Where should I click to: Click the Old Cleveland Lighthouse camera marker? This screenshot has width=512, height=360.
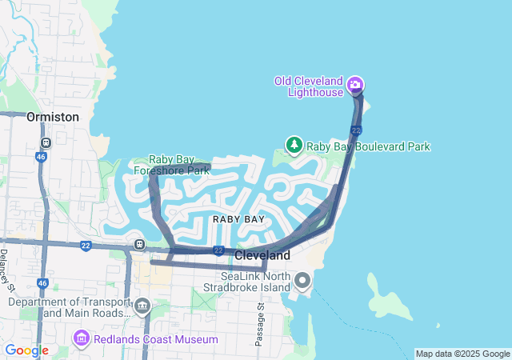pos(355,85)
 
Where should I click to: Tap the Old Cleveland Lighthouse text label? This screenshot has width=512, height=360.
pos(308,86)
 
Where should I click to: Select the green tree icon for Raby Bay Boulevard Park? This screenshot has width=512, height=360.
pos(294,146)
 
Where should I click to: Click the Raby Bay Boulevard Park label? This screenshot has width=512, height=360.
pos(369,146)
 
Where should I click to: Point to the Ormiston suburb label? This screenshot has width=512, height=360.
pos(53,117)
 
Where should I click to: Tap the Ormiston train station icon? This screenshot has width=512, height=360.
pos(46,142)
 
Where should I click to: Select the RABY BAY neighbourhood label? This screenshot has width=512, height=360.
pos(238,218)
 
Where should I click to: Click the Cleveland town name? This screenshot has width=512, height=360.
pos(262,255)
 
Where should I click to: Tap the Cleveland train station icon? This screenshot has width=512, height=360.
pos(140,244)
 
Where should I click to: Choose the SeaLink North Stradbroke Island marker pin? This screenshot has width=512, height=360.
pos(302,280)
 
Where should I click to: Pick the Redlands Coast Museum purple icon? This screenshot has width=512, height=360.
pos(81,339)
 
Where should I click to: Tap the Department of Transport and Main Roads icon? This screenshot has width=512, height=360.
pos(142,306)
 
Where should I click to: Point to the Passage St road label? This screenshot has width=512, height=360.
pos(259,325)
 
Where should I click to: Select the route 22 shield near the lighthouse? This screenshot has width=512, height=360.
pos(356,130)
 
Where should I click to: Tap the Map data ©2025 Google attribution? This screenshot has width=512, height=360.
pos(462,354)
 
